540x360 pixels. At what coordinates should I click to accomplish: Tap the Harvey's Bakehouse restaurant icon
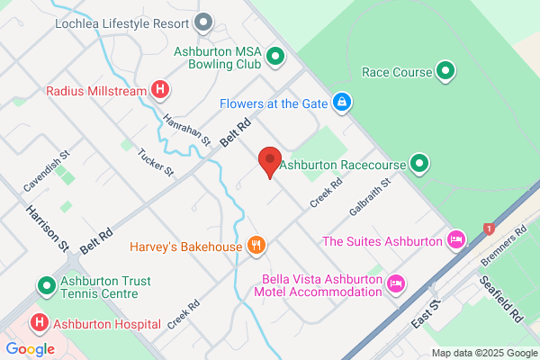pos(256,246)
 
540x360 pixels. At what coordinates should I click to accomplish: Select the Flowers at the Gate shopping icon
pos(342,103)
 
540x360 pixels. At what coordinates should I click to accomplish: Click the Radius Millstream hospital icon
pos(160,90)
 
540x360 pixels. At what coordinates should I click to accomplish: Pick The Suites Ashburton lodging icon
pos(456,240)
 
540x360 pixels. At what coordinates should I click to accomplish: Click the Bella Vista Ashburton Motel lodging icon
pos(395,284)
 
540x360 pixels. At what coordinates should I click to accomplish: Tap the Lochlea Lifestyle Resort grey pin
pos(204,22)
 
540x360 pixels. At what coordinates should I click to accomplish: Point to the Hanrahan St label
pos(186,130)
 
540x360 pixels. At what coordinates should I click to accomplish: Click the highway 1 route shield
pos(489,229)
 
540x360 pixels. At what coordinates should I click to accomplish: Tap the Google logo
pos(30,348)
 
